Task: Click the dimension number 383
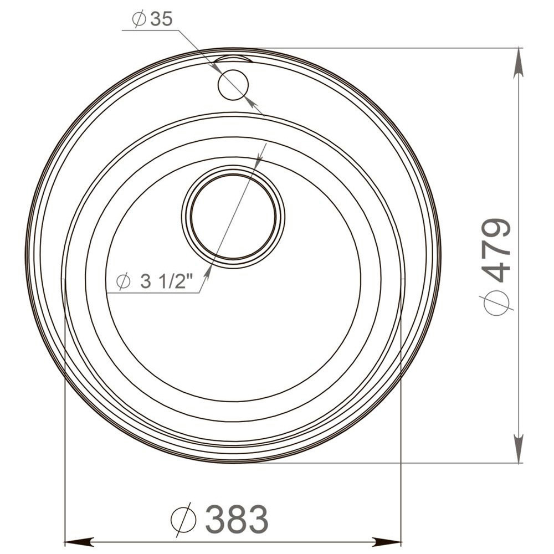point(237,519)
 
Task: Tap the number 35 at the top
point(161,19)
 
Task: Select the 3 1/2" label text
point(166,281)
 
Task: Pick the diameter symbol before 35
point(139,19)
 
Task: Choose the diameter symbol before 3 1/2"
point(124,281)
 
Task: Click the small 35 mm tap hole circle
point(233,85)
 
